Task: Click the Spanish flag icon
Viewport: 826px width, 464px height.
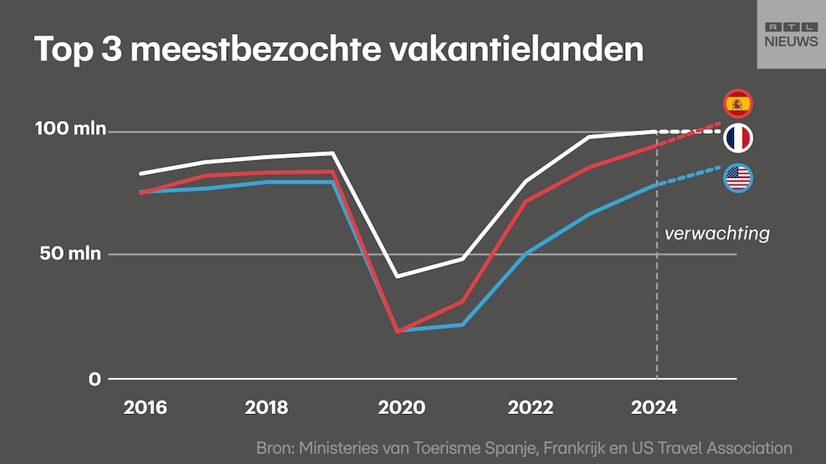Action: [x=737, y=103]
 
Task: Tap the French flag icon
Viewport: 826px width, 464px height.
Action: [x=737, y=139]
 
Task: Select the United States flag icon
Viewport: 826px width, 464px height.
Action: [x=737, y=178]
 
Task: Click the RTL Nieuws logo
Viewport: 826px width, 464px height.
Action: [x=791, y=34]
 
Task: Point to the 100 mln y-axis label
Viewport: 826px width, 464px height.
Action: [x=71, y=129]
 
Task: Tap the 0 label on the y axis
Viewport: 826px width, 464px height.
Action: [x=95, y=379]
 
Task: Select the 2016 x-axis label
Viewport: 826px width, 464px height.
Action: [x=145, y=408]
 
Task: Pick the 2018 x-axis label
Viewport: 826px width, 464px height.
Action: [x=265, y=408]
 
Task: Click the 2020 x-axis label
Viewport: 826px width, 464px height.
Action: [x=402, y=408]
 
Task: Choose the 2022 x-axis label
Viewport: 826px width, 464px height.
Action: [x=530, y=408]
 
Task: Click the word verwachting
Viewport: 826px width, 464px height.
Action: [x=716, y=234]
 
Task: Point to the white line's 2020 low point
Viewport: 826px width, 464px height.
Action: [x=397, y=276]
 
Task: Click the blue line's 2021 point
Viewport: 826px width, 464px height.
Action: [x=462, y=325]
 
